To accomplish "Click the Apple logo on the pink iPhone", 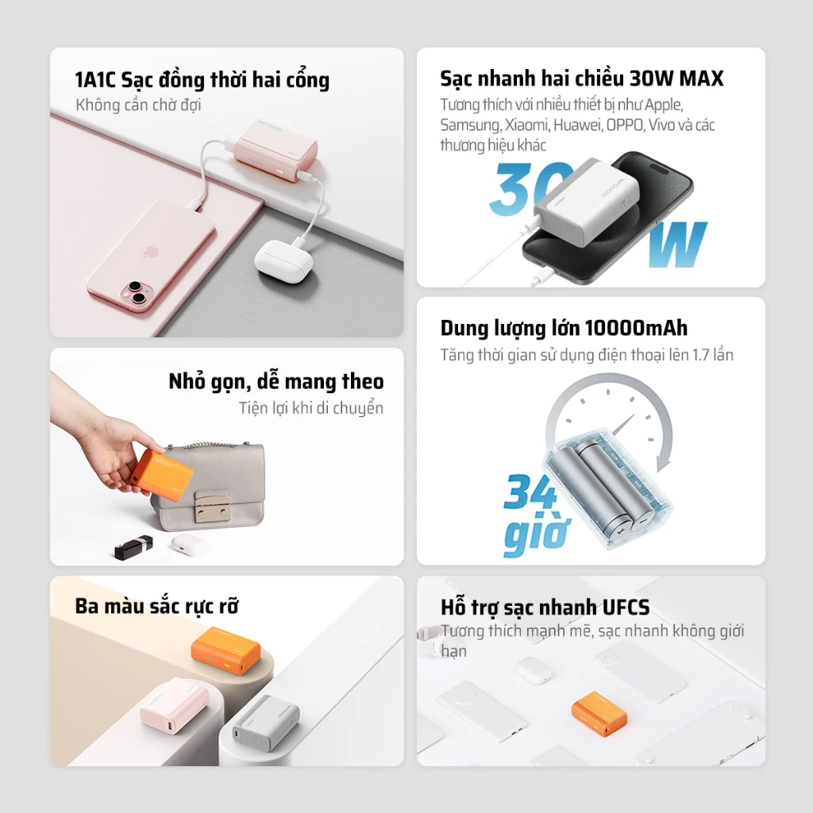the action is point(150,252).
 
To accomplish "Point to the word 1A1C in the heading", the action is point(95,80).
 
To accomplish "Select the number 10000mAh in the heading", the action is point(636,328).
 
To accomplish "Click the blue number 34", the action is point(530,491).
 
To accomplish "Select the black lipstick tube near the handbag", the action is point(133,546).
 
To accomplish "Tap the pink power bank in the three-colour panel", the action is point(174,705).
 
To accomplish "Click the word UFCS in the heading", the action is point(626,607).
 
